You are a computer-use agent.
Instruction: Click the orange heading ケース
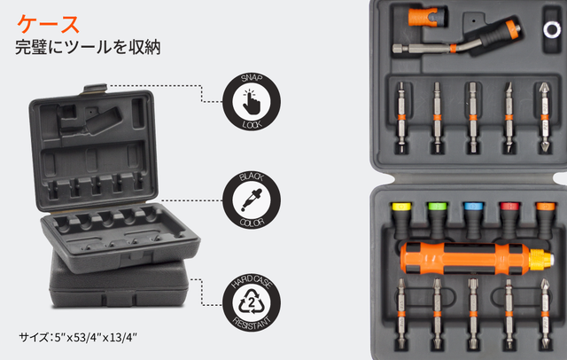coord(49,24)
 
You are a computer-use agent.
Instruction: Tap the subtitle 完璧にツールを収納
coord(88,47)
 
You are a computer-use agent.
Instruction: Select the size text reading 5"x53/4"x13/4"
coord(96,337)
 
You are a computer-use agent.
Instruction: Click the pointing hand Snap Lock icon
coord(252,102)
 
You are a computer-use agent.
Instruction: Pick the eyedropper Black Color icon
coord(252,200)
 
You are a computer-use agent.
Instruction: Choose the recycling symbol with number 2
coord(252,301)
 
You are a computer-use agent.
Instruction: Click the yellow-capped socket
coord(401,219)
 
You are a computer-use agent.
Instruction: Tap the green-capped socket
coord(438,219)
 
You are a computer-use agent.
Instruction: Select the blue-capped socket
coord(474,219)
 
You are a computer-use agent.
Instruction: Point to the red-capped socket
coord(510,219)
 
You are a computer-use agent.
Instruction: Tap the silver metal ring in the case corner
coord(552,29)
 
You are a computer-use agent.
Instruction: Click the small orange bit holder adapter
coord(428,17)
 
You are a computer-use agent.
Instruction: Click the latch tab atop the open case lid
coord(95,89)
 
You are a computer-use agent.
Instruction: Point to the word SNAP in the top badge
coord(252,78)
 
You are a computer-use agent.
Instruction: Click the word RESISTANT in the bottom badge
coord(252,322)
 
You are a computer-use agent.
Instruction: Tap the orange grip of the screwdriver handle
coord(465,259)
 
